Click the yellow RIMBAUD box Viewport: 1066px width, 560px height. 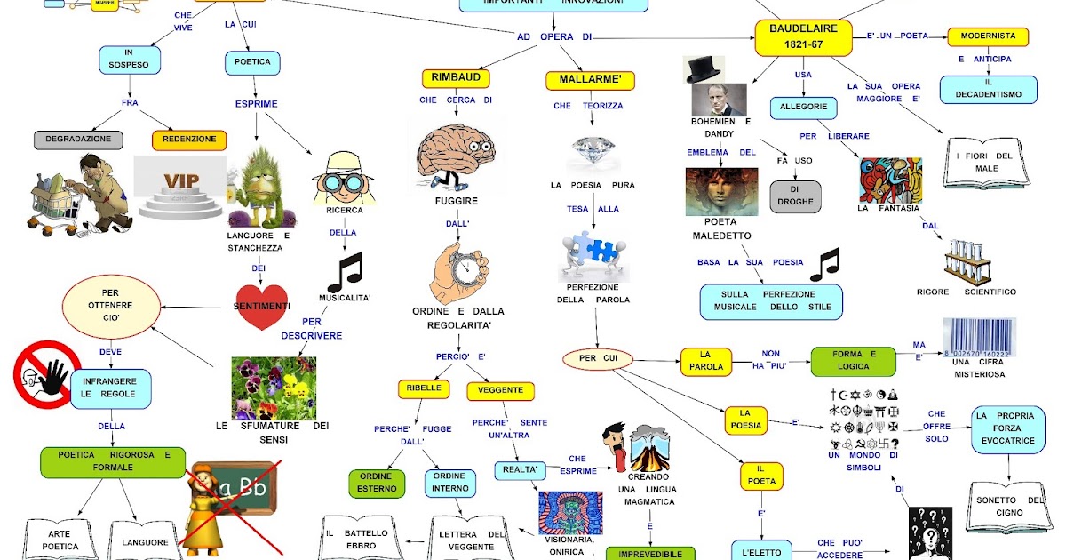click(x=456, y=78)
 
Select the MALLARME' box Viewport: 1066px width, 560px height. click(x=584, y=80)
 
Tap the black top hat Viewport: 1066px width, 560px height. click(x=704, y=69)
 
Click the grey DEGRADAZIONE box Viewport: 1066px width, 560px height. click(x=78, y=140)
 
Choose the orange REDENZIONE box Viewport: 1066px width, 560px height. click(x=189, y=140)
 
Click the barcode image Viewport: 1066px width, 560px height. click(x=978, y=339)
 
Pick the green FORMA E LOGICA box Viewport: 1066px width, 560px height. click(x=854, y=361)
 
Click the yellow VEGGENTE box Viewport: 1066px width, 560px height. click(x=500, y=391)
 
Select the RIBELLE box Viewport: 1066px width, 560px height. click(x=424, y=389)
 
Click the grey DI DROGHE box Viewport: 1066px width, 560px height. click(x=795, y=196)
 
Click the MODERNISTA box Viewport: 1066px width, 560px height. click(x=988, y=37)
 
